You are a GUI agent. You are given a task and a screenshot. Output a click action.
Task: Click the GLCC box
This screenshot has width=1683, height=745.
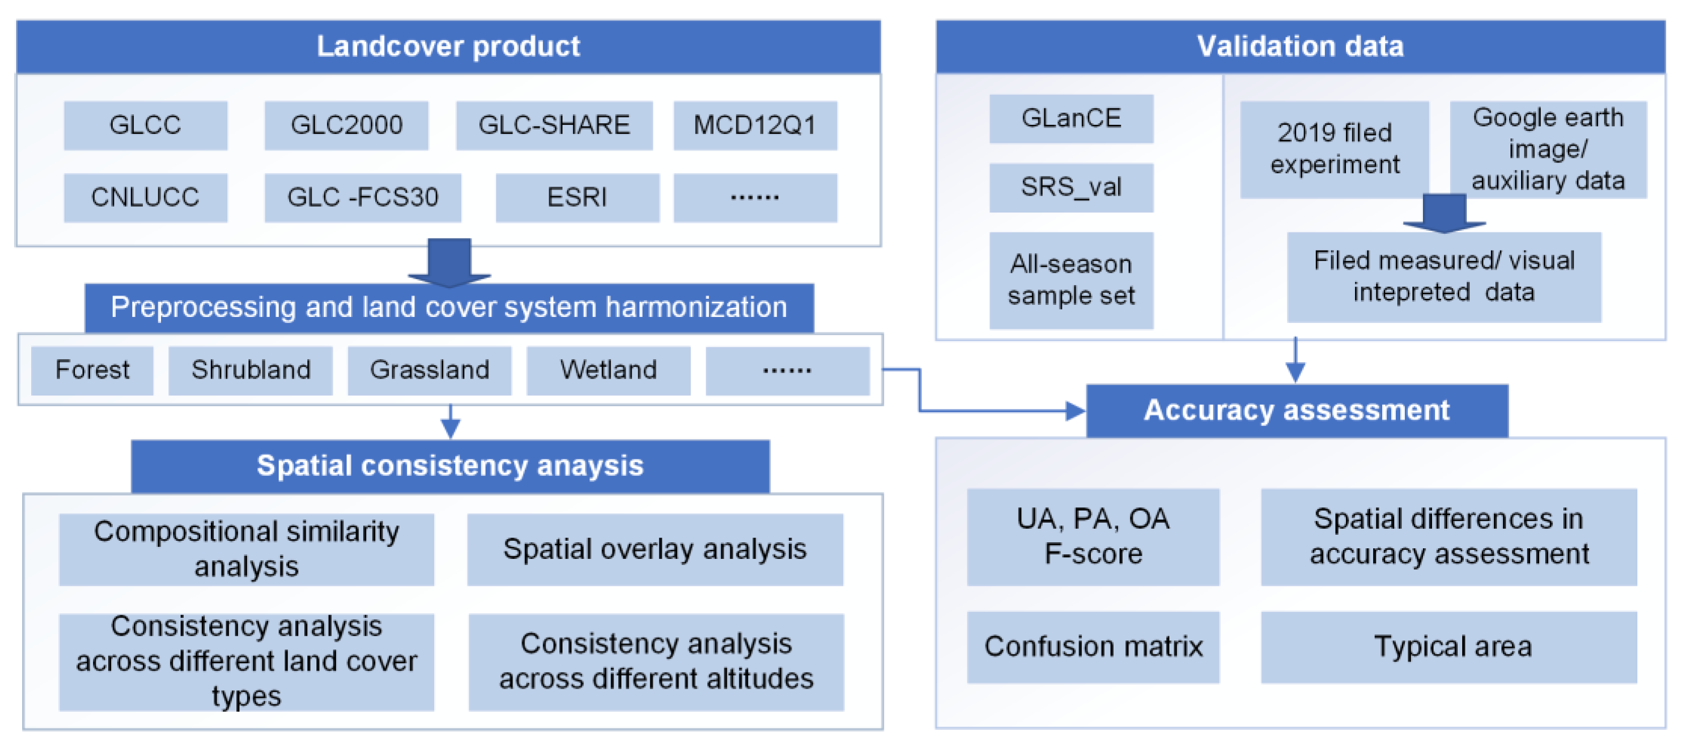145,125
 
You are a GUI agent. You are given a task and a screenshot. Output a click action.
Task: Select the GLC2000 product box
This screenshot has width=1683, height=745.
346,125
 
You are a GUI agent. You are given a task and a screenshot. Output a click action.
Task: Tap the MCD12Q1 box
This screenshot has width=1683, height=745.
754,125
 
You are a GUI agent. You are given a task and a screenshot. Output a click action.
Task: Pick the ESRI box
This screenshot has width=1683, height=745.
577,197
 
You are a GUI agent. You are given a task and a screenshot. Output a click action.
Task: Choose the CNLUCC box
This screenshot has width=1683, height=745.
145,197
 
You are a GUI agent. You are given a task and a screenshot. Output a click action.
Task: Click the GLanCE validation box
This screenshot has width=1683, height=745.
1071,118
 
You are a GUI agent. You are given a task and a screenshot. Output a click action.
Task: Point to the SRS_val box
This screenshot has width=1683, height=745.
1071,188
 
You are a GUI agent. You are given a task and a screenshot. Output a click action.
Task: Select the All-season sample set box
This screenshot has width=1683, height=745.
1071,280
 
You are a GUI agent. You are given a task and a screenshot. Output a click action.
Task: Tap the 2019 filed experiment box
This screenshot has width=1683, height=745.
1334,149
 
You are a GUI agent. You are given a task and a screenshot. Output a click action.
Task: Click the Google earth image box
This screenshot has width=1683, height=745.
1548,149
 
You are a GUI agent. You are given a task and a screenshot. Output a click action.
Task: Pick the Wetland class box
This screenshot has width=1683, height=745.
608,370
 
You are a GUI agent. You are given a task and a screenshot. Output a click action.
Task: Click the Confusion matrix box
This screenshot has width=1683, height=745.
1092,646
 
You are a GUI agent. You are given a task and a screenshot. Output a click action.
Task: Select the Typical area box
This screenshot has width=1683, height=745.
1449,646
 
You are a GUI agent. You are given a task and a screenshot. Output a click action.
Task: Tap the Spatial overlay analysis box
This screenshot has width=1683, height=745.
655,549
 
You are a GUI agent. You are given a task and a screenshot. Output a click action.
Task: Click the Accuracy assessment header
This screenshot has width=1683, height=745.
1296,410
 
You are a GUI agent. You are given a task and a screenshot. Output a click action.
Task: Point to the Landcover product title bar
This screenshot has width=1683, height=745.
448,46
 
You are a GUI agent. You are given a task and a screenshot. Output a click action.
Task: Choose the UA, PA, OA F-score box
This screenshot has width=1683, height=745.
1092,536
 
